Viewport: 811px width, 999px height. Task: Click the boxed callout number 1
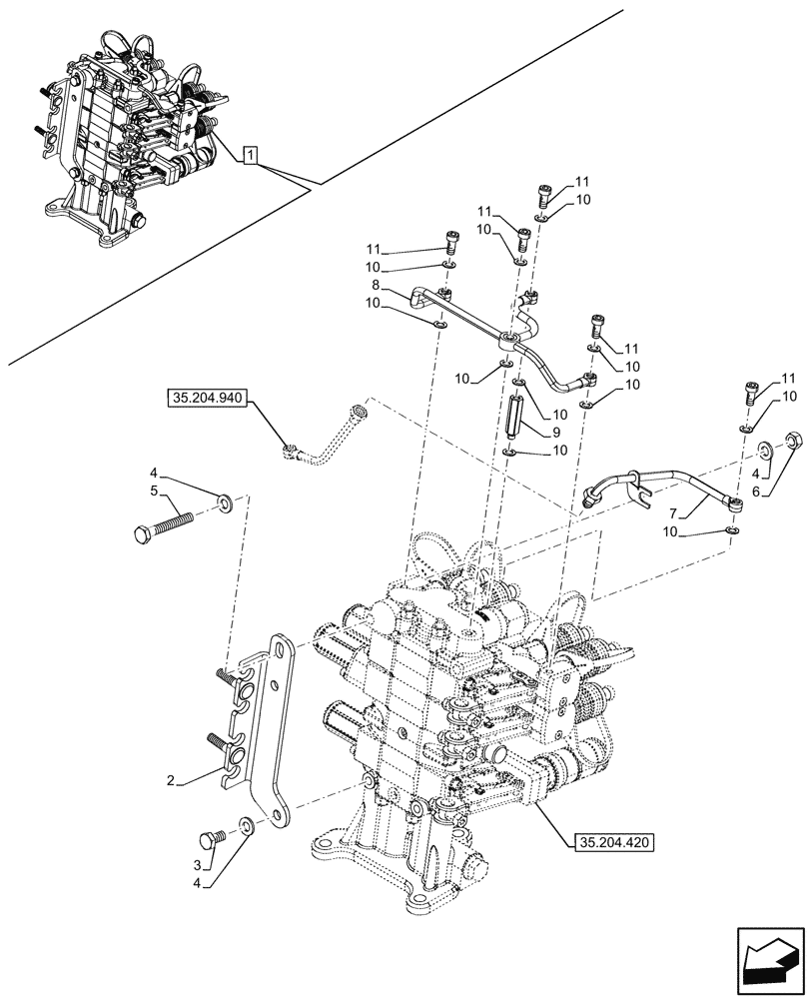pyautogui.click(x=251, y=155)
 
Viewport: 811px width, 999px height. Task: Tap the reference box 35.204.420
pyautogui.click(x=613, y=843)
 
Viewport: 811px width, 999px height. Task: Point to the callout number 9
pyautogui.click(x=554, y=432)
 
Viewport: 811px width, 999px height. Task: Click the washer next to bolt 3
pyautogui.click(x=246, y=826)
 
